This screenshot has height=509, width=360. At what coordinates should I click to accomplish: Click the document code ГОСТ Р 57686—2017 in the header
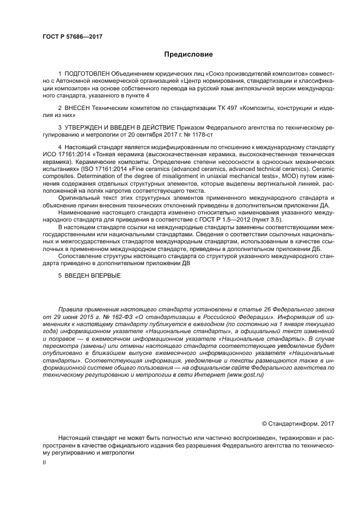click(x=72, y=37)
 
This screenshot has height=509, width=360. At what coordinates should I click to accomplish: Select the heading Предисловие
click(x=188, y=54)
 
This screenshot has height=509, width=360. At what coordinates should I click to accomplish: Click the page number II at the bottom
click(x=45, y=462)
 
